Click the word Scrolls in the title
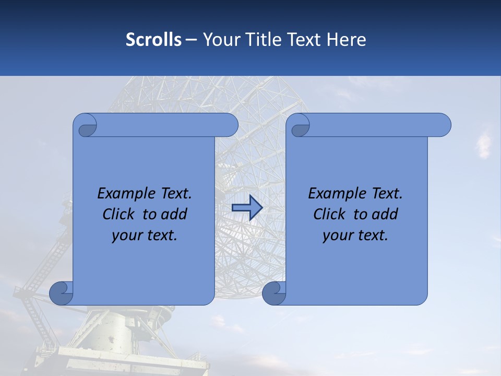154,40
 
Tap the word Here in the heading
346,40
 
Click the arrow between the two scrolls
247,208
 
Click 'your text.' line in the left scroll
145,236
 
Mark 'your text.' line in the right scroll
355,236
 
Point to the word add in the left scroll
174,214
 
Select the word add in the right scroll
385,214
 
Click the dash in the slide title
192,40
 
